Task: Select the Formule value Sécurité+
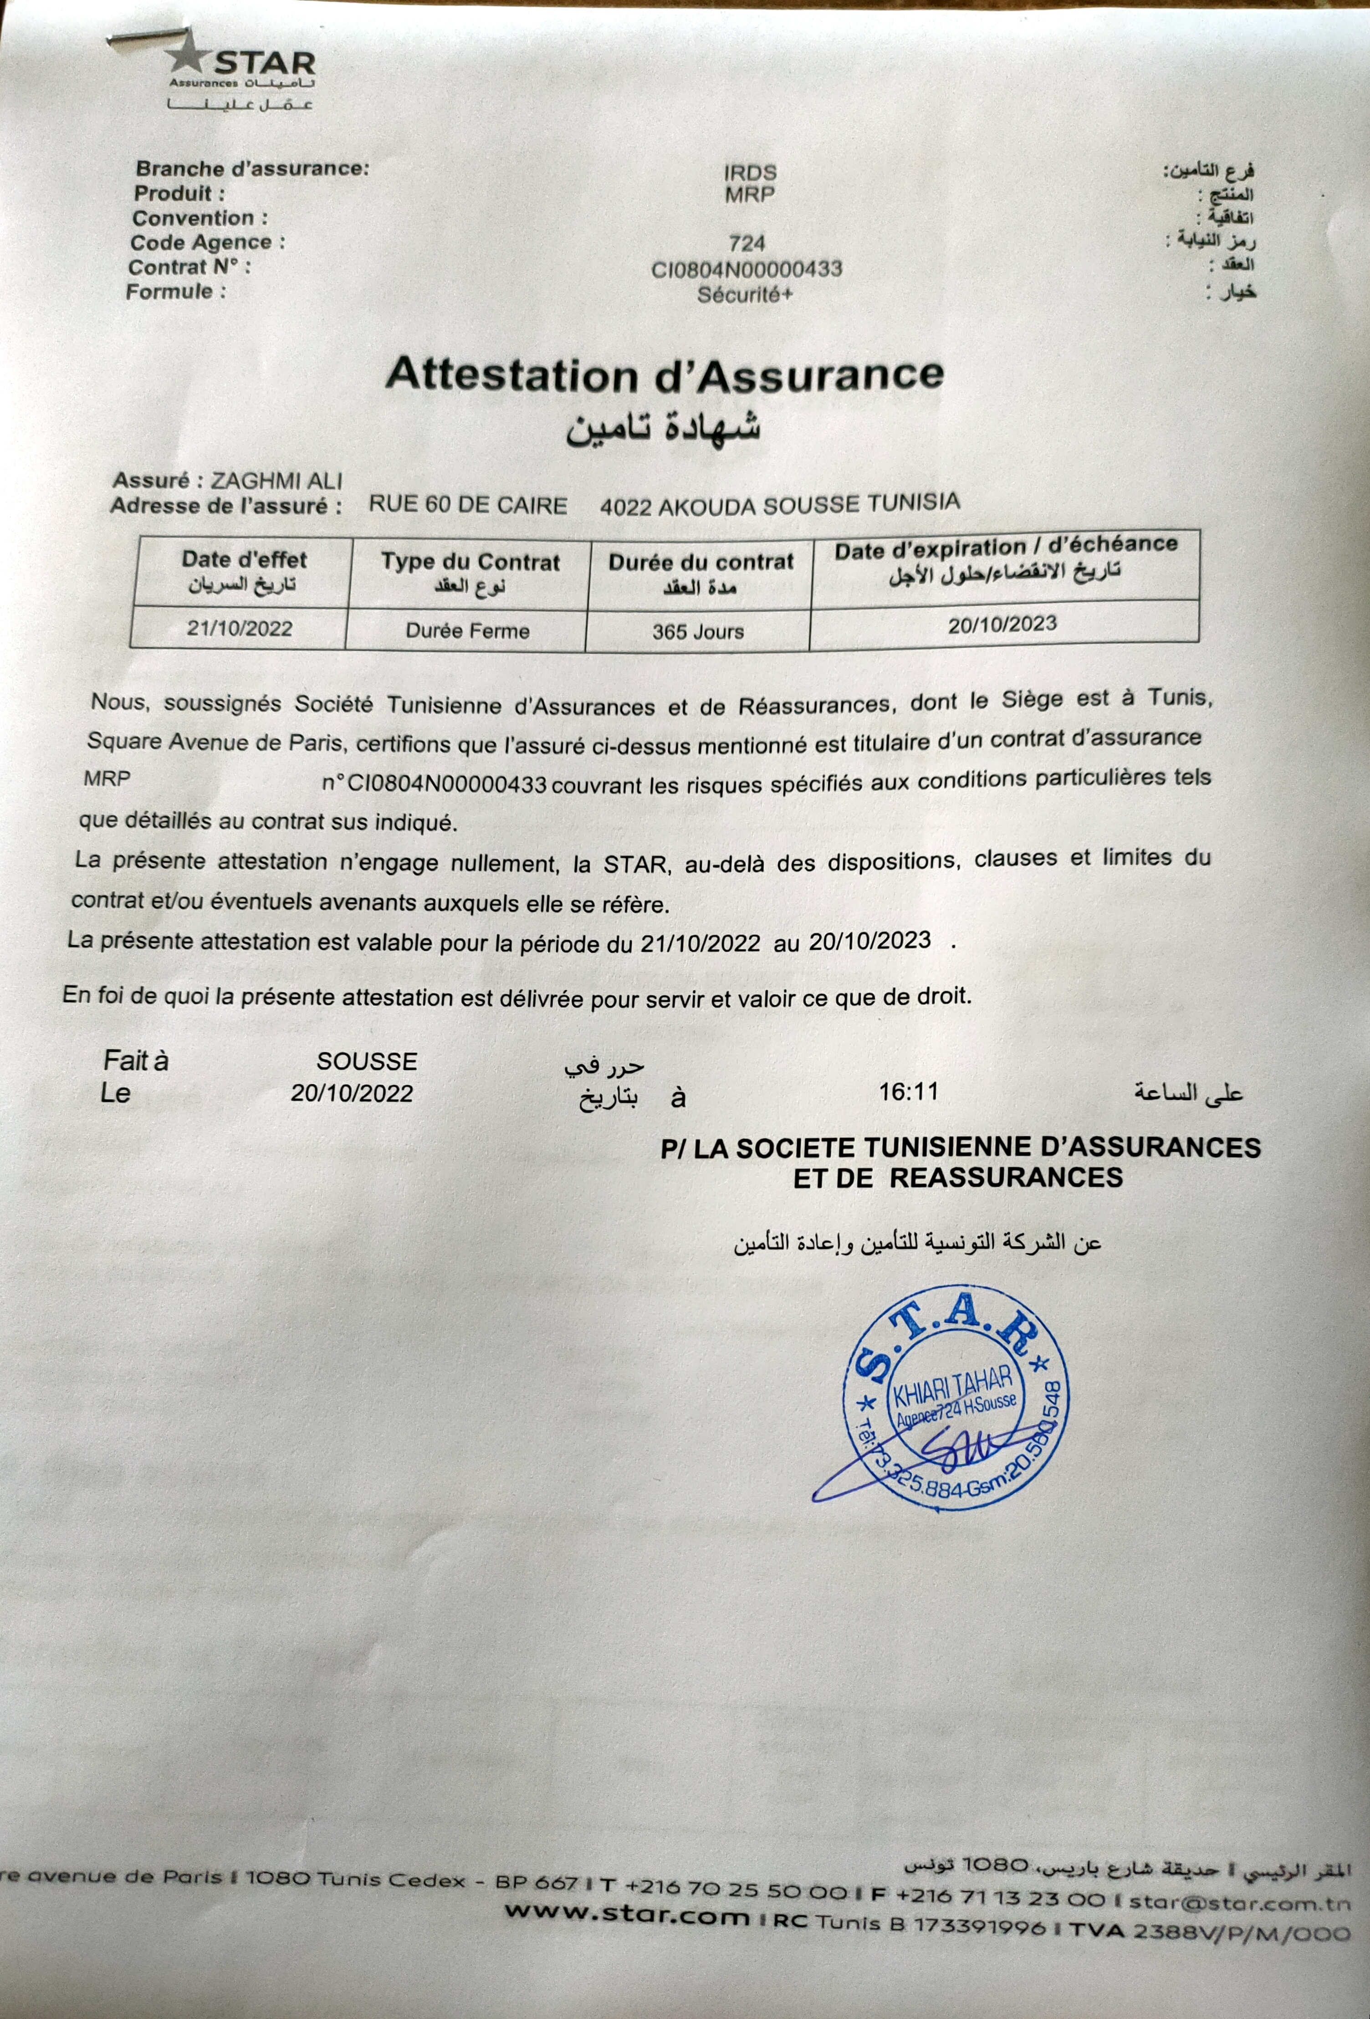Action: [x=745, y=294]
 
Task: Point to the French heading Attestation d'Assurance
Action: [x=665, y=374]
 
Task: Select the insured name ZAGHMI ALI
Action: [x=277, y=481]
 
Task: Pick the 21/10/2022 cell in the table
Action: [x=239, y=628]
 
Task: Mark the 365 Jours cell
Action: [x=698, y=631]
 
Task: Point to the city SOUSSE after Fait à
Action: [x=367, y=1061]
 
